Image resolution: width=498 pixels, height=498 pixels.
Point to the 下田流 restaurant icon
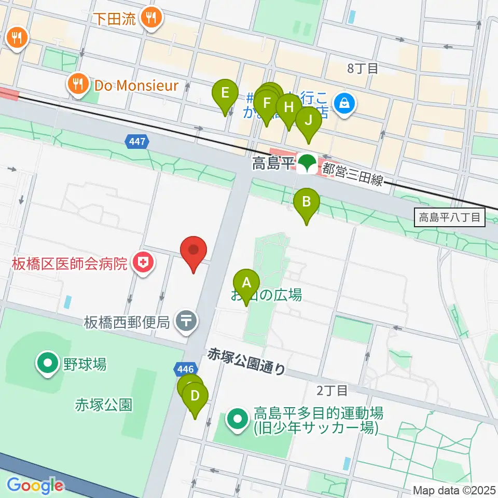pos(152,19)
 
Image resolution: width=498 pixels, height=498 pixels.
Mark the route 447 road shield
pos(137,141)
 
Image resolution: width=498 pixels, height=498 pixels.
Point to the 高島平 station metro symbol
pos(307,165)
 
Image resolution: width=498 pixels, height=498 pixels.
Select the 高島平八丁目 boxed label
pos(450,217)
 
